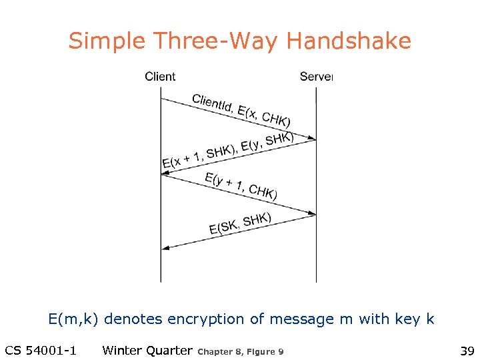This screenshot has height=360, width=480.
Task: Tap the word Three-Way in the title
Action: tap(213, 41)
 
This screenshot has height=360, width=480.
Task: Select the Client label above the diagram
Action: tap(160, 77)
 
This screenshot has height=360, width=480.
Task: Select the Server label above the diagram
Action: tap(316, 77)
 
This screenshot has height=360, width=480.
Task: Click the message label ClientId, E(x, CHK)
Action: tap(241, 110)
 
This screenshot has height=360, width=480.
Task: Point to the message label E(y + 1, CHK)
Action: tap(241, 186)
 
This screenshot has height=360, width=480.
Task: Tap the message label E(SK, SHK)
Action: tap(240, 224)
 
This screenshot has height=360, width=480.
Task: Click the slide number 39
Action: tap(467, 350)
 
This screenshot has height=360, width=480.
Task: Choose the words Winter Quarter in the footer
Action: tap(147, 350)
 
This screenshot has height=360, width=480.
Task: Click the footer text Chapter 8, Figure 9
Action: tap(241, 351)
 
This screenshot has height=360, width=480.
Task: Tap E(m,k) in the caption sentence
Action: tap(73, 319)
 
